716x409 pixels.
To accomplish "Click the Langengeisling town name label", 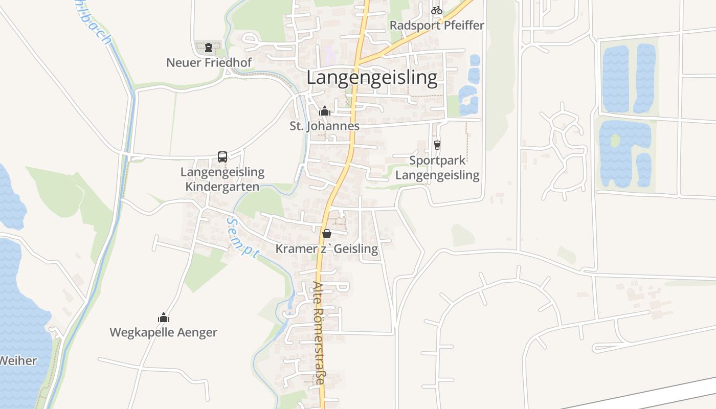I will [372, 78].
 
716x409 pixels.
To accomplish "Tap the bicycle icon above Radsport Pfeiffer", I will [436, 10].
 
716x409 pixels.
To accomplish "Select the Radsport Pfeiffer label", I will [436, 25].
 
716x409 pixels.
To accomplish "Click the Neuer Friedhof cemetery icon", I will [208, 48].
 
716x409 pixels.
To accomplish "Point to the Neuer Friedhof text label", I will [209, 63].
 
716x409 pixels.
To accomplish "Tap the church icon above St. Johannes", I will [324, 110].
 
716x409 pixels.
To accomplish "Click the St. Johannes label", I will [324, 126].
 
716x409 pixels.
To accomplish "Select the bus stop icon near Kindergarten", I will [222, 157].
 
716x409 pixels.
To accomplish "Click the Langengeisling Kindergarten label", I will [222, 179].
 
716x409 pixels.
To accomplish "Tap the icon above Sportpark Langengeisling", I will [437, 145].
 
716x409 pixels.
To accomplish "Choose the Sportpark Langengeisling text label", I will [437, 168].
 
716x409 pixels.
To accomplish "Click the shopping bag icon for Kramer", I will [326, 234].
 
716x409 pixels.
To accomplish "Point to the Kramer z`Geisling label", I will [326, 249].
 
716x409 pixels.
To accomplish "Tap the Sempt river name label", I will [242, 238].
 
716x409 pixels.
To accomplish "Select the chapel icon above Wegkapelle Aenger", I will [164, 317].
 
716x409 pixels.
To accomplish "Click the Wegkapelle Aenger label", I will [164, 333].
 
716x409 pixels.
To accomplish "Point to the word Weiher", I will [18, 360].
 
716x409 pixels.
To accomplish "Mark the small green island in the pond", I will [615, 140].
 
